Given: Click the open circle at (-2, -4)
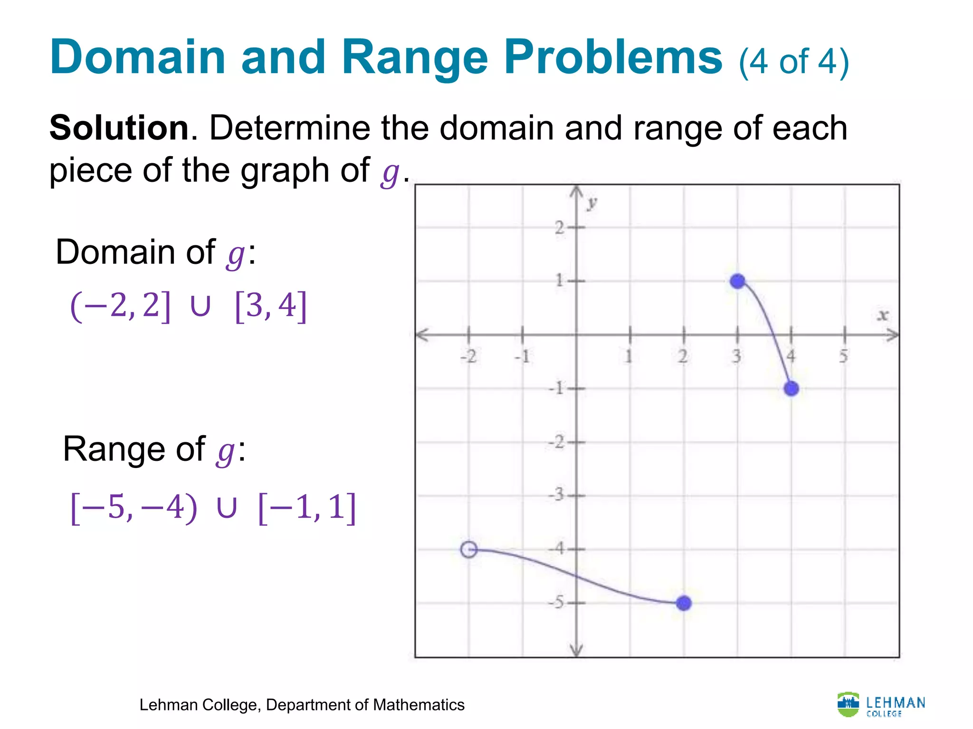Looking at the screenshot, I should click(469, 550).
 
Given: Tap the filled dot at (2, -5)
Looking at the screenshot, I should click(684, 603).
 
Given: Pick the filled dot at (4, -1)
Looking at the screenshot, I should click(791, 389).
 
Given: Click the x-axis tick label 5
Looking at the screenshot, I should click(843, 356).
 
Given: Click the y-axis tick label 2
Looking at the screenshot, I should click(560, 228).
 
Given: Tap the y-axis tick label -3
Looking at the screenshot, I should click(556, 495).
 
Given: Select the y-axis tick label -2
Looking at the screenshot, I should click(556, 442).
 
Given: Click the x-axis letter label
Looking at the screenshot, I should click(883, 315).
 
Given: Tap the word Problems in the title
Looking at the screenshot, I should click(613, 57).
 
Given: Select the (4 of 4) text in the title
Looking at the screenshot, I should click(794, 62).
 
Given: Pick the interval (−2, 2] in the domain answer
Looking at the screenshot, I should click(120, 306).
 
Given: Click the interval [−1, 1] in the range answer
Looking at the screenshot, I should click(307, 508).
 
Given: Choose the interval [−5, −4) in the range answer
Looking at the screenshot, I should click(134, 508).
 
